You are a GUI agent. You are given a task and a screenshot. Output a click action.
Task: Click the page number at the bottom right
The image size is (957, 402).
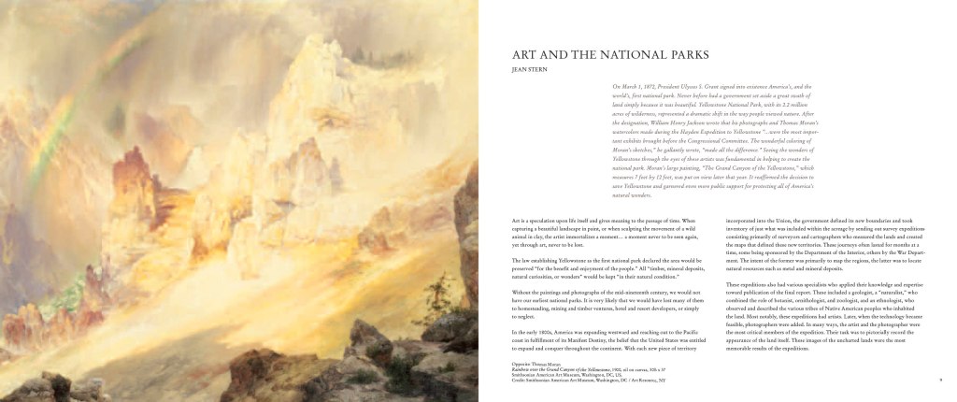point(940,379)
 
